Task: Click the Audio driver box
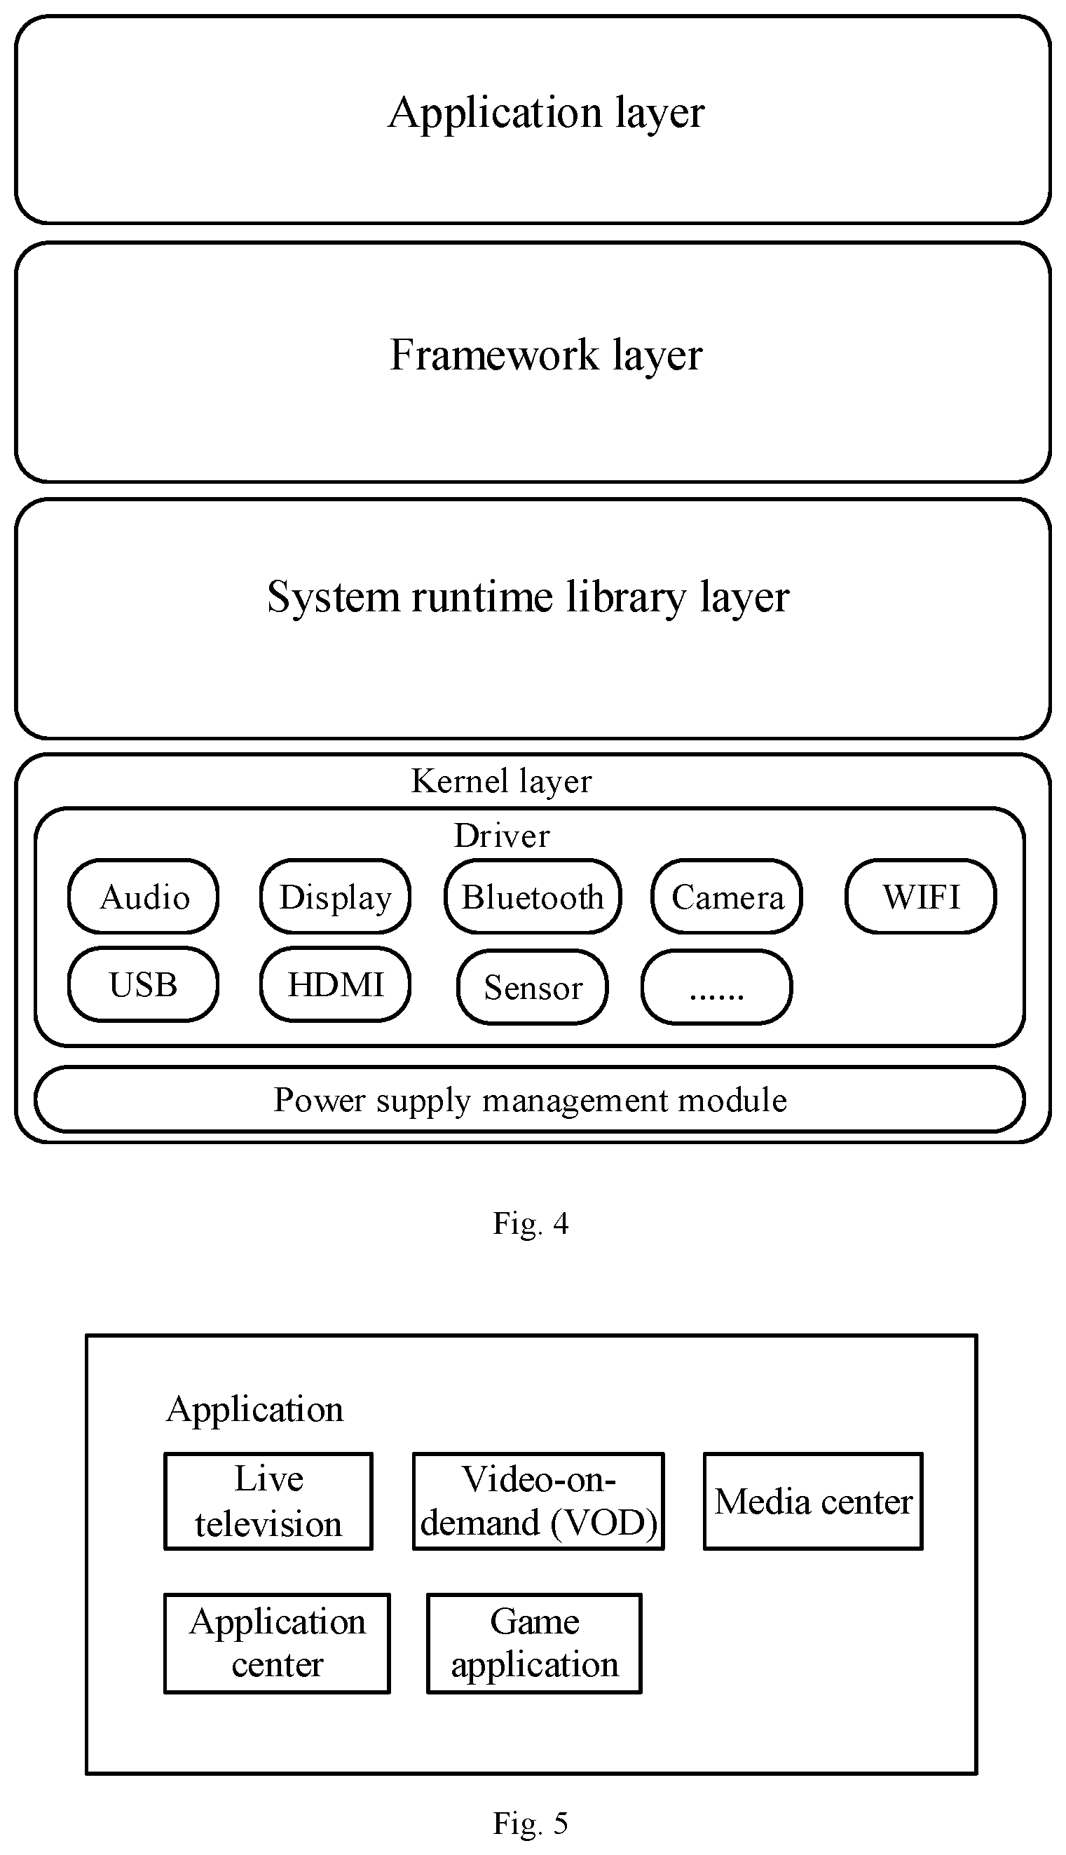(x=144, y=897)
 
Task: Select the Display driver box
(x=335, y=897)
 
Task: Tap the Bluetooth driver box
(x=533, y=897)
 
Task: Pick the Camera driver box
(x=727, y=897)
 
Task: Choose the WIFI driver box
(x=921, y=897)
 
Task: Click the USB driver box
(x=144, y=984)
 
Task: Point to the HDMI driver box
(x=335, y=984)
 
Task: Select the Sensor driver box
(x=533, y=986)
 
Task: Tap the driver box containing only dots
(x=717, y=986)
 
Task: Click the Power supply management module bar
(x=529, y=1099)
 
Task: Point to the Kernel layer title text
(x=502, y=782)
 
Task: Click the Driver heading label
(x=502, y=836)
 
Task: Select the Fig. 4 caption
(x=531, y=1223)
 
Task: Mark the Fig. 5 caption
(x=531, y=1823)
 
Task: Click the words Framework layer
(x=546, y=355)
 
